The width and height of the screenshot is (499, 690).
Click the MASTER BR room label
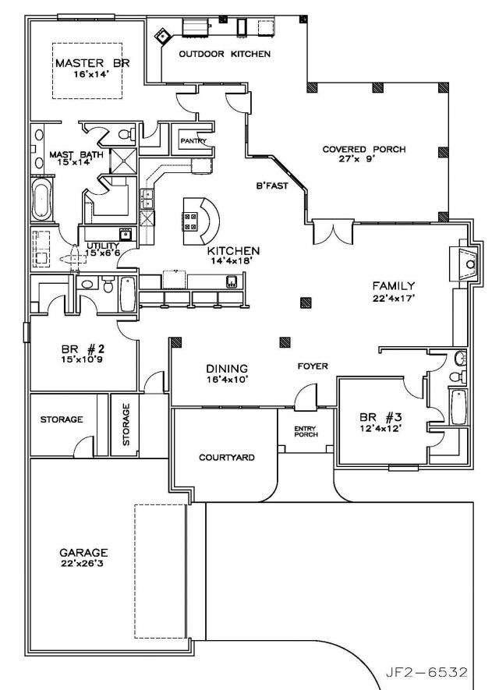coord(93,63)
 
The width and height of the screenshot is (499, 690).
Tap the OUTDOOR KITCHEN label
coord(225,54)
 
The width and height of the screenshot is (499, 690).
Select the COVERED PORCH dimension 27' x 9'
coord(357,158)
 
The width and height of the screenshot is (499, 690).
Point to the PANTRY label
coord(193,141)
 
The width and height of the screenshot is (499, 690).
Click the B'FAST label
coord(272,186)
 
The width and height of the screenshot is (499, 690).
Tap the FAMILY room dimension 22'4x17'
coord(394,298)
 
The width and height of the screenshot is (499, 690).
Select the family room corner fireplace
coord(464,264)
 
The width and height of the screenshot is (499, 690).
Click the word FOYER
coord(313,366)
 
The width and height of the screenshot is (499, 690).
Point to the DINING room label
coord(227,368)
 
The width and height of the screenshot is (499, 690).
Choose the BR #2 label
coord(83,350)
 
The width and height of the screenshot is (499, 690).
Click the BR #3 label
coord(380,416)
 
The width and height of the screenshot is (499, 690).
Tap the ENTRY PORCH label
coord(306,432)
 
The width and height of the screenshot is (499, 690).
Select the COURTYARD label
coord(227,458)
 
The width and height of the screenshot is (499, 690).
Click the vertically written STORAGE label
coord(126,425)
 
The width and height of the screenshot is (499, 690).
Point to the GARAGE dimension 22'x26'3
coord(83,563)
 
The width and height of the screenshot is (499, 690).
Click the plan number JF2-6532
coord(426,673)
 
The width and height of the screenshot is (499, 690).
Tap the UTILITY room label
coord(102,246)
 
